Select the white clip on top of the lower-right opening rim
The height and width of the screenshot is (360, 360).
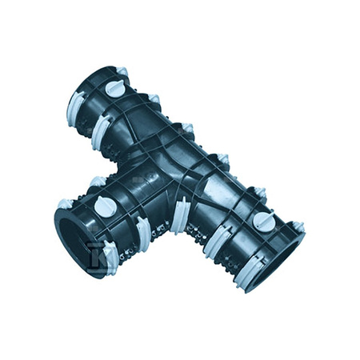click(296, 227)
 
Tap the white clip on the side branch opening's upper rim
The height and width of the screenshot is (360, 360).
click(77, 196)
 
